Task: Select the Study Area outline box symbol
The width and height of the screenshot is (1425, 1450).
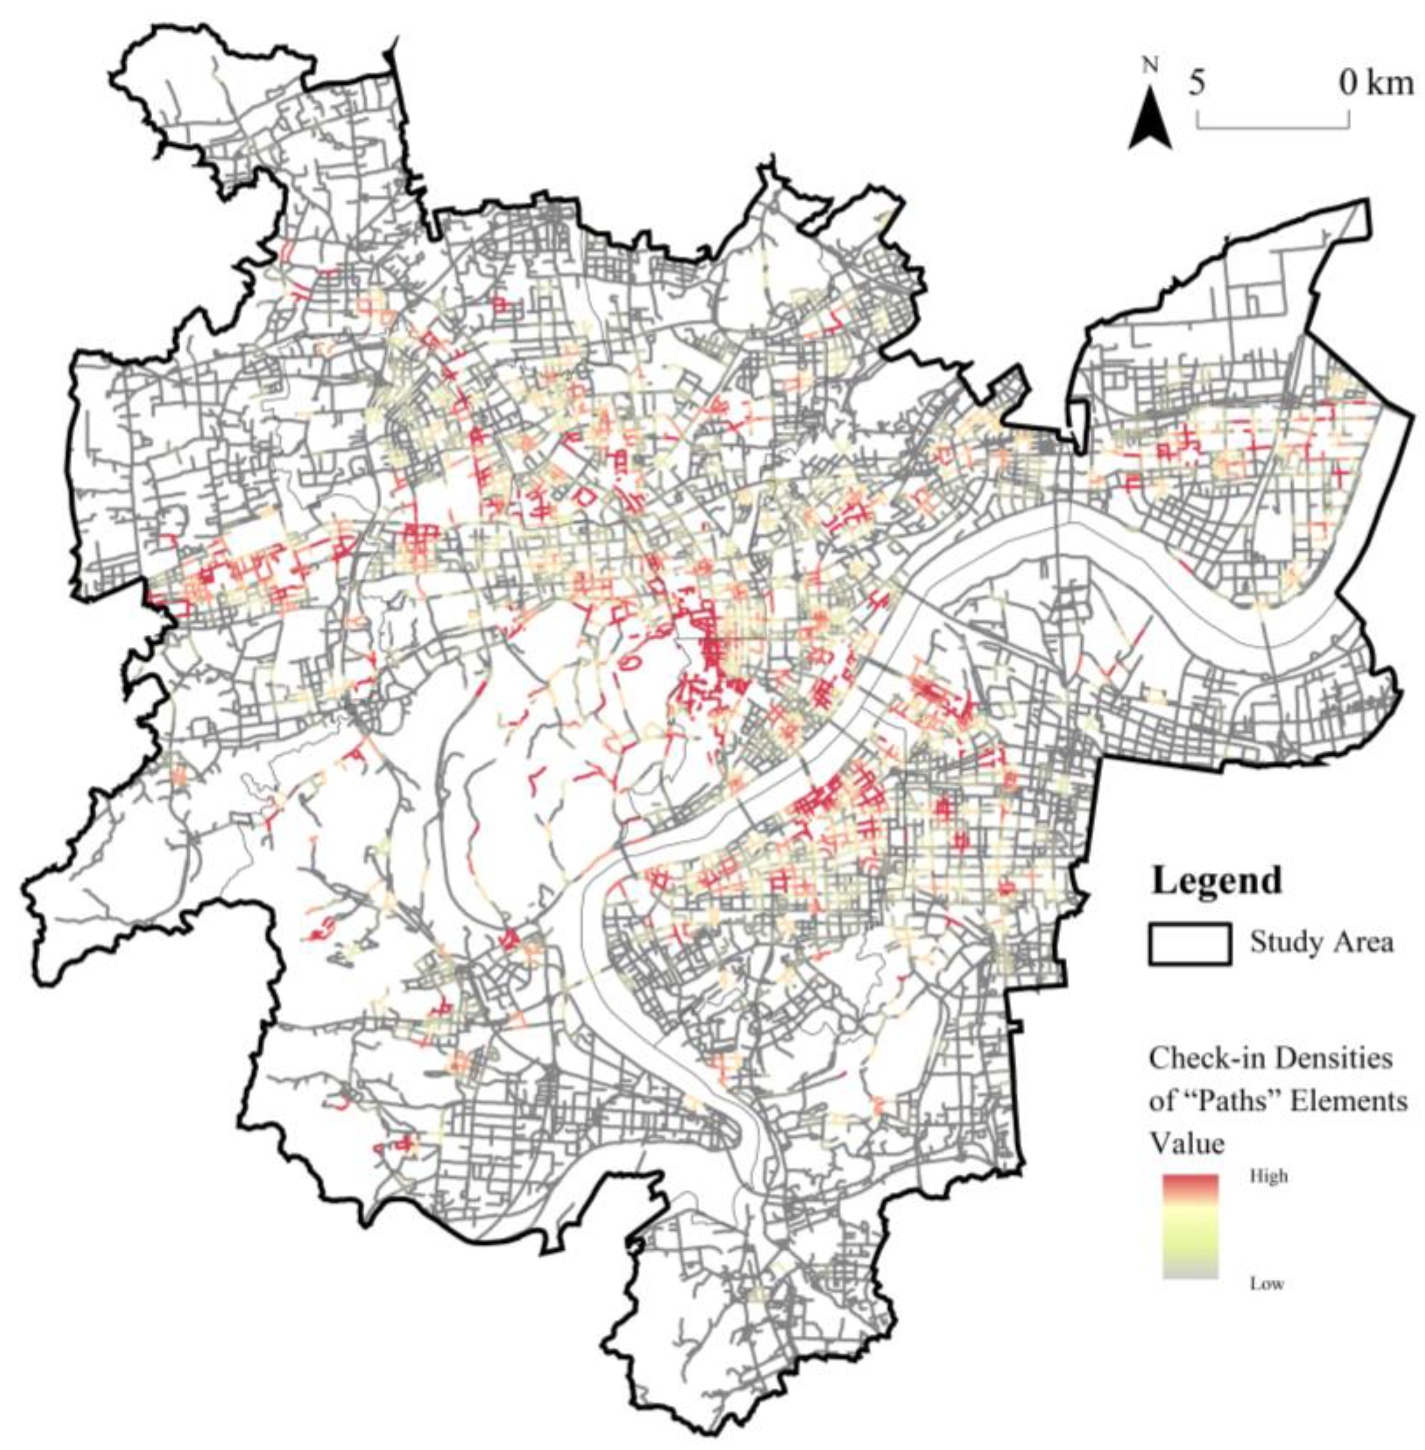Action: tap(1190, 943)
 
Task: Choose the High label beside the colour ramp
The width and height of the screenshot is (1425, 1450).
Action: tap(1269, 1176)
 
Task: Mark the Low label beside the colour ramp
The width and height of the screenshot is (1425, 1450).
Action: tap(1267, 1284)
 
